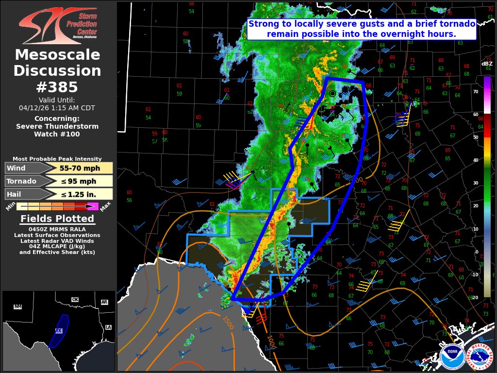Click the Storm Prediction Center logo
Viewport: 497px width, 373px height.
[57, 26]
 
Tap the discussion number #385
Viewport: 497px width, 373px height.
[57, 87]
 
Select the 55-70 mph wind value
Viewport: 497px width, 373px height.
[80, 169]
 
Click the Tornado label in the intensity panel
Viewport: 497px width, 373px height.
[21, 181]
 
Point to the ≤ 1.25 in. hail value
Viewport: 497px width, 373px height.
[80, 194]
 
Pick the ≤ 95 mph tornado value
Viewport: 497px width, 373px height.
[80, 181]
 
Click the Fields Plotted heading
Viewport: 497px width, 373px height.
[57, 219]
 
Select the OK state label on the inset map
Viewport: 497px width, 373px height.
[75, 300]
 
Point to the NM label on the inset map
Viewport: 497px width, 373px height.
[18, 306]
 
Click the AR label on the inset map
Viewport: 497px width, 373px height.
[104, 302]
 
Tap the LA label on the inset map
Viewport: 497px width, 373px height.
[108, 327]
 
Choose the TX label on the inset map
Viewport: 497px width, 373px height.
[59, 331]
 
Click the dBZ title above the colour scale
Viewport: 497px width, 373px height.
[487, 64]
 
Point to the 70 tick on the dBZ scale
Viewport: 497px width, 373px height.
[476, 91]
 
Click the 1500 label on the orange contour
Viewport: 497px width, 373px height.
[227, 323]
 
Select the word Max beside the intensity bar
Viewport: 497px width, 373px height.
[106, 206]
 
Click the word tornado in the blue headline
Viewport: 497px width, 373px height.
[458, 24]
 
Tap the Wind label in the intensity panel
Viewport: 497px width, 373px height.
[17, 169]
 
